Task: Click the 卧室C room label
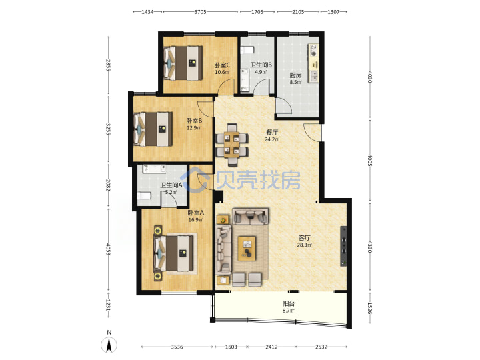[222, 65]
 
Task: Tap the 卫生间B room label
[261, 65]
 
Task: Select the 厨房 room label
[296, 75]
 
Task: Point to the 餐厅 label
[272, 132]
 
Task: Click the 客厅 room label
[305, 238]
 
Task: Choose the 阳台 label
[289, 304]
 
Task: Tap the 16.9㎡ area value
[196, 220]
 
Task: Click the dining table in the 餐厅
[232, 145]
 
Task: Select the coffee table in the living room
[247, 248]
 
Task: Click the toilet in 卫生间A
[143, 196]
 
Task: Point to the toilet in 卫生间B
[247, 49]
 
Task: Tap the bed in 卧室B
[153, 129]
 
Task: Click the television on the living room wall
[344, 246]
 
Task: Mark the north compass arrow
[109, 345]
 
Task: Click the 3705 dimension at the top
[200, 12]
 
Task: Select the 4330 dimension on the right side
[370, 247]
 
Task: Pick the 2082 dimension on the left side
[108, 185]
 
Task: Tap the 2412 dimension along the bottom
[271, 347]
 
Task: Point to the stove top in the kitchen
[313, 50]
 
